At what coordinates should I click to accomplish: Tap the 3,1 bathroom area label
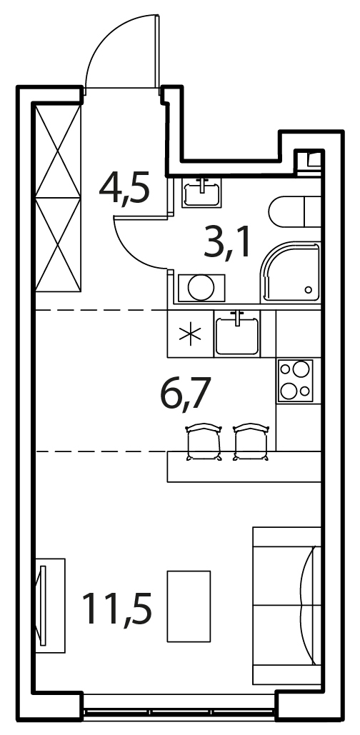(x=227, y=241)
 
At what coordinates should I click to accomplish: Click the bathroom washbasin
(x=202, y=193)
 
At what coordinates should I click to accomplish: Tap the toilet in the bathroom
(x=295, y=211)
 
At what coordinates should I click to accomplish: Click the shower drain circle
(x=308, y=290)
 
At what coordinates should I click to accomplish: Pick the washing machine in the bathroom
(x=201, y=288)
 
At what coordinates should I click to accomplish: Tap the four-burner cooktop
(x=295, y=380)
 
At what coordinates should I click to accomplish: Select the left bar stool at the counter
(x=204, y=441)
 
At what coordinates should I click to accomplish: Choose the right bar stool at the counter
(x=251, y=441)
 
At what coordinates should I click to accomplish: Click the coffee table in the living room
(x=189, y=606)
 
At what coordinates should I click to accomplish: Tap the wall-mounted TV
(x=44, y=606)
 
